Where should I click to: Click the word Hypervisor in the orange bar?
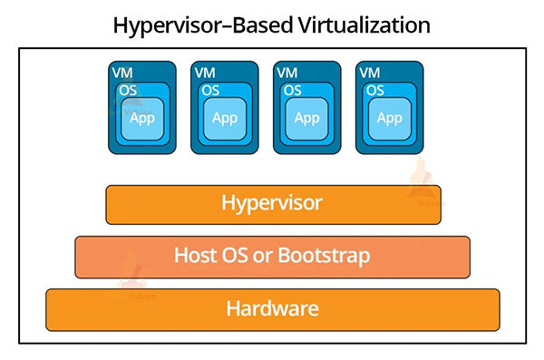pyautogui.click(x=272, y=202)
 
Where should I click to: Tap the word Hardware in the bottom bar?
pyautogui.click(x=272, y=308)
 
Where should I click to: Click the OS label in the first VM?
pyautogui.click(x=128, y=90)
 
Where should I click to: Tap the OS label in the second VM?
pyautogui.click(x=210, y=90)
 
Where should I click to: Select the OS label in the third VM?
pyautogui.click(x=293, y=90)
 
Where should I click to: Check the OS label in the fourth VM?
pyautogui.click(x=375, y=90)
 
